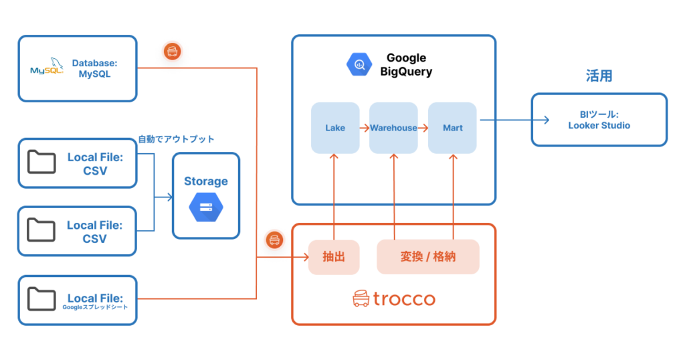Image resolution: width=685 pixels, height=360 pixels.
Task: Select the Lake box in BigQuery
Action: [335, 127]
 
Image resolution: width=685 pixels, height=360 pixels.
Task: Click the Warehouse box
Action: [393, 127]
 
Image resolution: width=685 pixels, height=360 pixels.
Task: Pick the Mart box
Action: [452, 127]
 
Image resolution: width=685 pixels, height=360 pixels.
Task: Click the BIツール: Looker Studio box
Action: [599, 120]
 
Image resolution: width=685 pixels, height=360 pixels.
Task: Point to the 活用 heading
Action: [599, 76]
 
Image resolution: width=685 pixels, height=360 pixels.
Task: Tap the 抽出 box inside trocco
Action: [333, 256]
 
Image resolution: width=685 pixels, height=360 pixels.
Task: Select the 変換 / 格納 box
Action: [428, 256]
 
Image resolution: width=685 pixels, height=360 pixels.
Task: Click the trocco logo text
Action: [403, 298]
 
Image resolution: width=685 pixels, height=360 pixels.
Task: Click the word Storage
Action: [206, 181]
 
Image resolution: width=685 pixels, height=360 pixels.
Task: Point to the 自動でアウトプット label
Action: [176, 139]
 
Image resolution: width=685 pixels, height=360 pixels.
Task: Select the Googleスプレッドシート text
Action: [94, 307]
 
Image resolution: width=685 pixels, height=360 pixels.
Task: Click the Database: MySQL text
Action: [94, 68]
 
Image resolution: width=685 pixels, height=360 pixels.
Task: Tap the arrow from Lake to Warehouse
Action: [365, 127]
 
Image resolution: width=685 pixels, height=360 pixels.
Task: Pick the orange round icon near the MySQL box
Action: [172, 51]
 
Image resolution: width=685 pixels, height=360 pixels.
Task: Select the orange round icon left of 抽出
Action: [274, 240]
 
